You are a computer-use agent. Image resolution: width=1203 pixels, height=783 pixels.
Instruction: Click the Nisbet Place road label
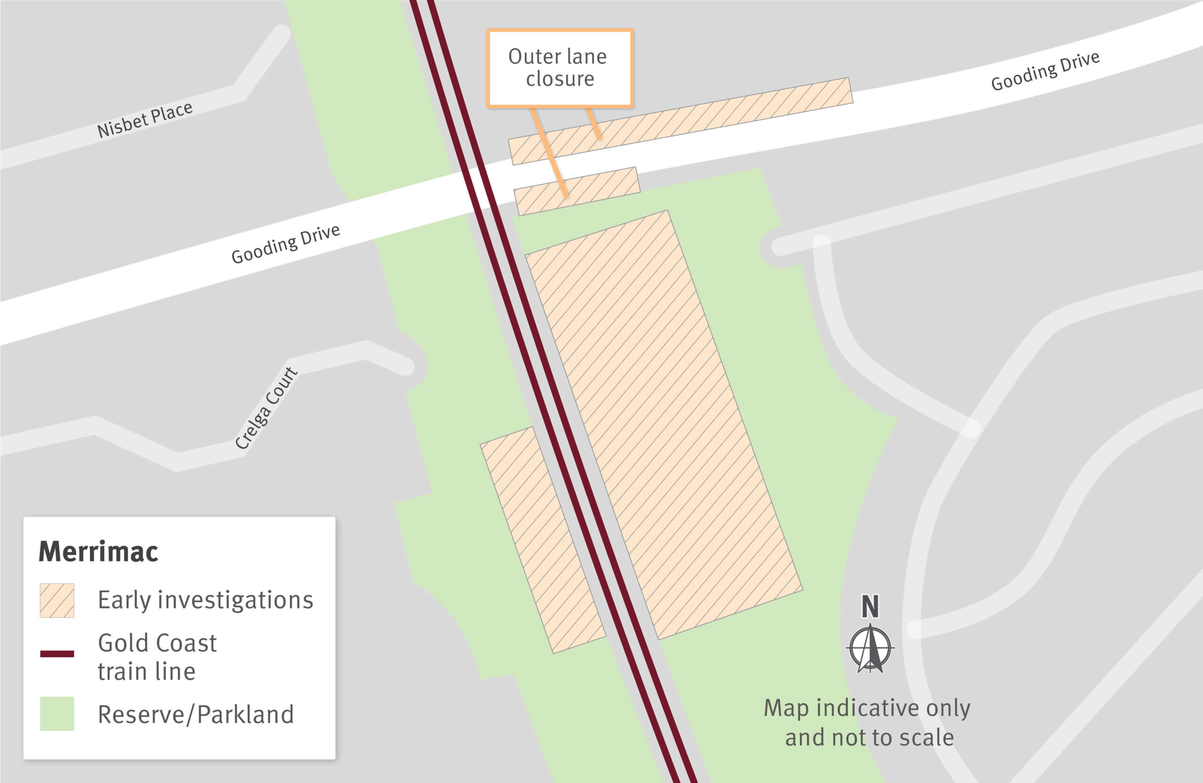145,119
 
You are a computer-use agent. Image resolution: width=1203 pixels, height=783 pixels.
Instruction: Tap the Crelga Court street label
266,408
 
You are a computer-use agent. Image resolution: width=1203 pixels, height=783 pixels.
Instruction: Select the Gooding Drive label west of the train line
286,243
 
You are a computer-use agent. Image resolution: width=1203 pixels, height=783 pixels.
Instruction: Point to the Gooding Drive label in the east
1045,71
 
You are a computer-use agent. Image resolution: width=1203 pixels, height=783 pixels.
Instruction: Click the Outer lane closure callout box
560,68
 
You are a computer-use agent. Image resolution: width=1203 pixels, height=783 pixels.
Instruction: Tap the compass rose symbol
870,648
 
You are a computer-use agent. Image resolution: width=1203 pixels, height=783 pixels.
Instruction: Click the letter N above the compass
870,606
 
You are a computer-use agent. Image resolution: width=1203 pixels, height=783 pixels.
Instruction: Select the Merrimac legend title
99,551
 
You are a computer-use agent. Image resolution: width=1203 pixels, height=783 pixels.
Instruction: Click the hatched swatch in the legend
57,601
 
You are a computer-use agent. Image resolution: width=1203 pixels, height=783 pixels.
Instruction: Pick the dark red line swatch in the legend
57,654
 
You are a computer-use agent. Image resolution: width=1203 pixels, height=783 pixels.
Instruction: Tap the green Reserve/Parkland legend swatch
57,714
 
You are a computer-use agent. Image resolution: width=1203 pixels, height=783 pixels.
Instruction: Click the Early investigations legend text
205,601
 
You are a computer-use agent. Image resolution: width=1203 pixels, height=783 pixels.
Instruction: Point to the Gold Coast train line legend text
157,657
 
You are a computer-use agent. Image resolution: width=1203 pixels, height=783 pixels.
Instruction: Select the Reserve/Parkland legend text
195,714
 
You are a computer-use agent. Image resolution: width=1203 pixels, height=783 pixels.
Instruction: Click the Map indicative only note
867,722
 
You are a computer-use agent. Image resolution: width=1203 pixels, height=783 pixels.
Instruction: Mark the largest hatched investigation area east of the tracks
664,425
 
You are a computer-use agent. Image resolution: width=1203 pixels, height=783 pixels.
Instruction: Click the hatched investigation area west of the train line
543,540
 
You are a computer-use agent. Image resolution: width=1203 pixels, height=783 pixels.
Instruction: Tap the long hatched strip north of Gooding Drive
680,121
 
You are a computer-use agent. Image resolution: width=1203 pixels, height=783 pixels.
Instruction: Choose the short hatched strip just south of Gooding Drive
577,191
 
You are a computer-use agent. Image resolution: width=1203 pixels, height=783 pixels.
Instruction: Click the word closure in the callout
560,79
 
